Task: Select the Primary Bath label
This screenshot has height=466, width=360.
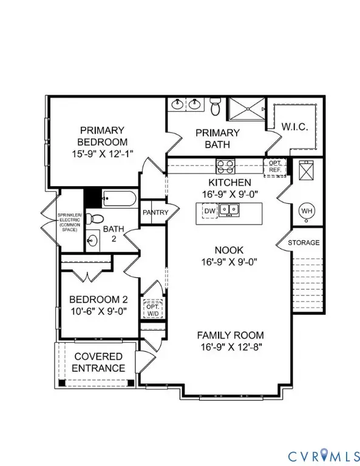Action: click(x=217, y=138)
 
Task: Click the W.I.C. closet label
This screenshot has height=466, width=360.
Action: click(x=296, y=127)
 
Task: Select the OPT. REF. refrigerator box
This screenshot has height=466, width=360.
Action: click(x=273, y=166)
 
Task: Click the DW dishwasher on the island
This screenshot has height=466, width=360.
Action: click(x=210, y=211)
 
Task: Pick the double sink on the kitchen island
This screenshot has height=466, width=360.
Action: click(x=229, y=210)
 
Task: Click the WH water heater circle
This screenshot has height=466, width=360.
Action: click(x=306, y=211)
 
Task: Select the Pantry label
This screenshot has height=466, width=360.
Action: click(x=154, y=212)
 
